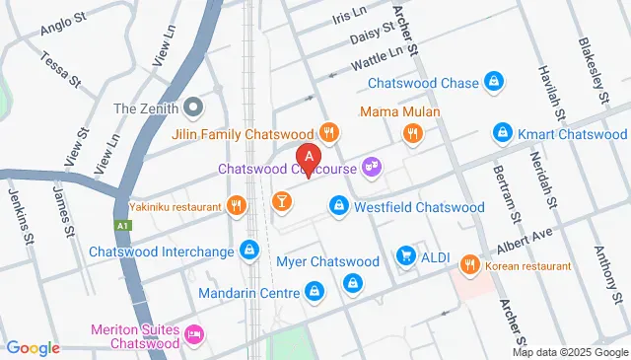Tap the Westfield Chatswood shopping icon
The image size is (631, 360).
point(338,205)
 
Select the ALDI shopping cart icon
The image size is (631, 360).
point(405,256)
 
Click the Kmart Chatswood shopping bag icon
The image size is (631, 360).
point(502,132)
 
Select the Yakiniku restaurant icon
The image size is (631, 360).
point(235,206)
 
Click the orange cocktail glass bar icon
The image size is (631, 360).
point(281,203)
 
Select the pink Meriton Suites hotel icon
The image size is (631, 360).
point(195,335)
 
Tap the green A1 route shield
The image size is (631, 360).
point(121,225)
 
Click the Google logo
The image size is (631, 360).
point(33,347)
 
